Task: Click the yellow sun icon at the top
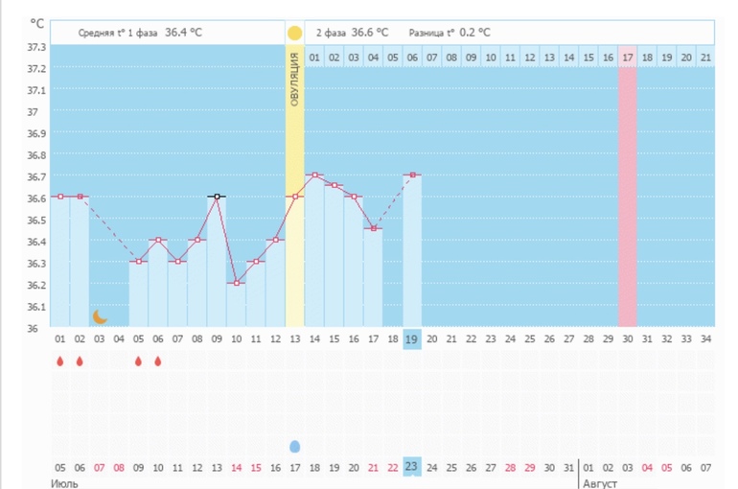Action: [294, 33]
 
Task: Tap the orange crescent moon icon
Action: [99, 316]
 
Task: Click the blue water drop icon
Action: [294, 446]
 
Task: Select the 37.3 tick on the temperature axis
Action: [35, 47]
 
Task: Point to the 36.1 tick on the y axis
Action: [35, 307]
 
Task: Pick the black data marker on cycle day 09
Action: [217, 197]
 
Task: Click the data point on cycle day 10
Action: [236, 283]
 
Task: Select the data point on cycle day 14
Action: [314, 175]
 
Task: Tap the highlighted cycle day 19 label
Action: [412, 339]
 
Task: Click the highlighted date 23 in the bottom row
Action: [412, 467]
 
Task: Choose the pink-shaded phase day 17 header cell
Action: [627, 58]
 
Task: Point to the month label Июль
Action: [64, 482]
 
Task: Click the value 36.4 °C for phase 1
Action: [183, 32]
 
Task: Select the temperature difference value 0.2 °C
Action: [474, 32]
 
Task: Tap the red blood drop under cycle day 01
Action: [59, 362]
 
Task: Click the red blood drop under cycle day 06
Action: [157, 362]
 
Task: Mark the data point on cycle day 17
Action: [373, 228]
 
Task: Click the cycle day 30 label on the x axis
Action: [627, 339]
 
